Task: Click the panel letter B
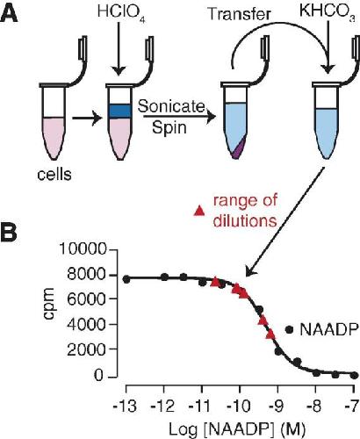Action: (x=9, y=232)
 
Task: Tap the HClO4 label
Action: (x=121, y=13)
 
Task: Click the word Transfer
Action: (x=239, y=14)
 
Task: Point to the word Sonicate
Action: (x=170, y=107)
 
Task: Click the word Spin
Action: (x=169, y=127)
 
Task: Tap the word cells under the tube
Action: (x=54, y=175)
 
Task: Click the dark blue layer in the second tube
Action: (x=119, y=112)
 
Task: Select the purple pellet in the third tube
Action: (x=239, y=149)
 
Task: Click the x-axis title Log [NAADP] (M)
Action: (x=237, y=429)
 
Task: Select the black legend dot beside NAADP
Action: (x=290, y=329)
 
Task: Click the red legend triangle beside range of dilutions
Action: (x=200, y=210)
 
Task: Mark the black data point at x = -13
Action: (x=126, y=279)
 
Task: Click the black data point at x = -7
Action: (x=355, y=375)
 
